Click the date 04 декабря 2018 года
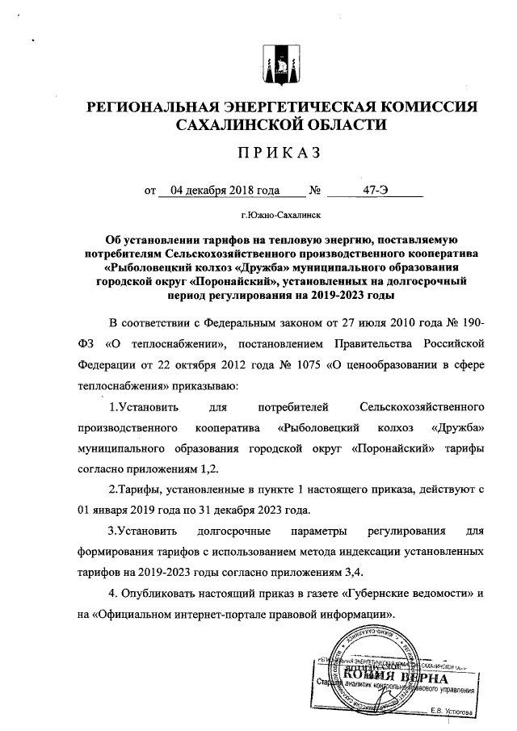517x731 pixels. click(x=220, y=191)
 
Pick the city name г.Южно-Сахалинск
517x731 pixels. click(x=281, y=216)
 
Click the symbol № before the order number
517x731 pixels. click(x=315, y=191)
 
